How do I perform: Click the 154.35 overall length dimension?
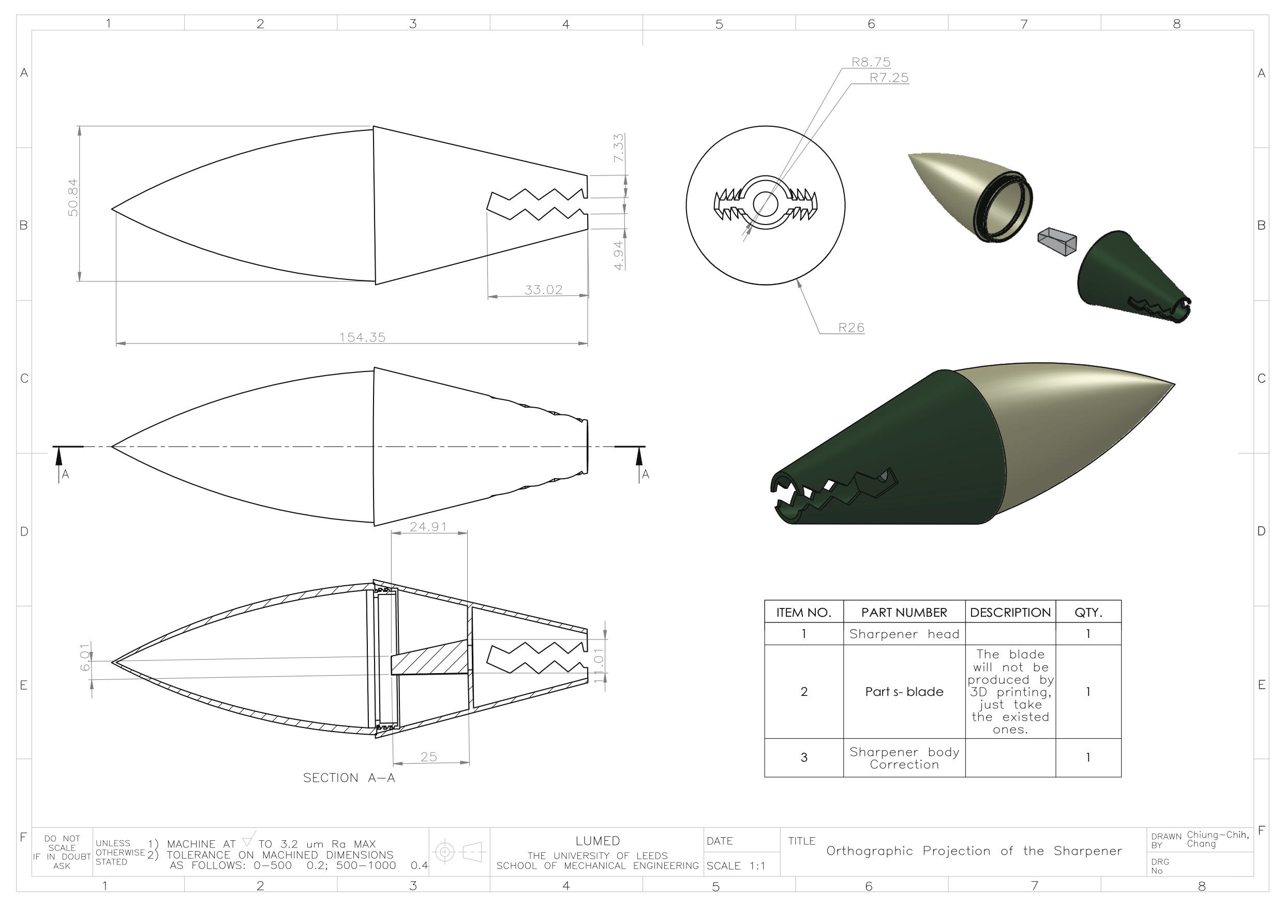[362, 337]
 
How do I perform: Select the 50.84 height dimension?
[72, 197]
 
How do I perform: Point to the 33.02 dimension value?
[543, 289]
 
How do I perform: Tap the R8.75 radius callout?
[871, 62]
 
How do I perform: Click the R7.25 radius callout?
[889, 78]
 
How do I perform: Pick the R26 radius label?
[851, 328]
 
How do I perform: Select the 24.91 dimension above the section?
[428, 526]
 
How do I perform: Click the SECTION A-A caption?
[349, 778]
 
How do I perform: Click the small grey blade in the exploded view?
[1057, 242]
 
